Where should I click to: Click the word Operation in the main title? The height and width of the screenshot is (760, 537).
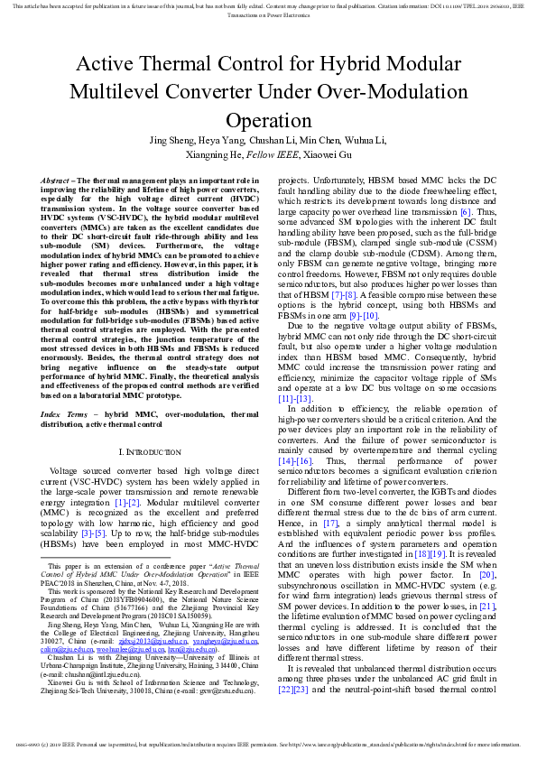(x=268, y=121)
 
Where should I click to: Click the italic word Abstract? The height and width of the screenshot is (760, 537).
(x=58, y=181)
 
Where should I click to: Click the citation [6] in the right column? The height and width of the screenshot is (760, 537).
(x=466, y=212)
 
